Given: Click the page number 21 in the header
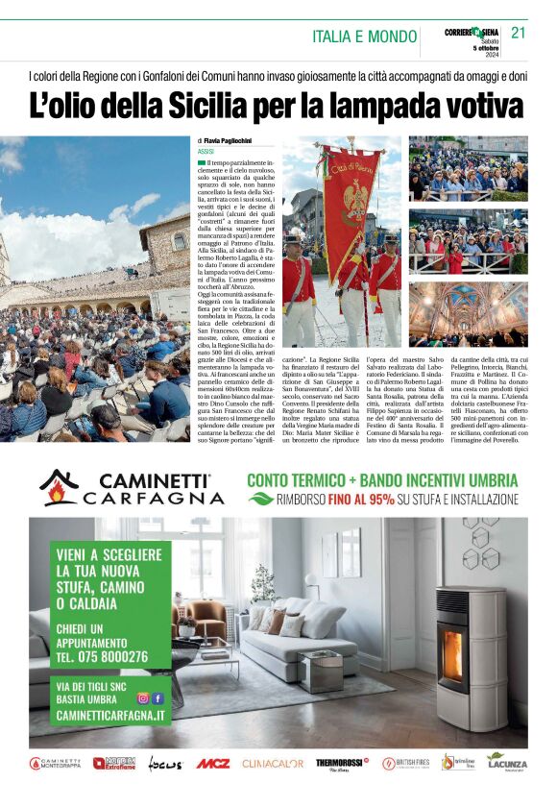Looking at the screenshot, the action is coord(519,33).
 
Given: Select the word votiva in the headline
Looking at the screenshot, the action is coord(477,104).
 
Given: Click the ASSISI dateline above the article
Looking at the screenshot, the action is coord(205,152).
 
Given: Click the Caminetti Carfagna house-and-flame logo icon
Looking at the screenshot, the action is coord(60,487).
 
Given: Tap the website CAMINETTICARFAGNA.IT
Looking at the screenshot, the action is coord(110,717).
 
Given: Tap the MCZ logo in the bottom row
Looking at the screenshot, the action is coord(213,764).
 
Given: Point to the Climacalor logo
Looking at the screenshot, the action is coord(273,764).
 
